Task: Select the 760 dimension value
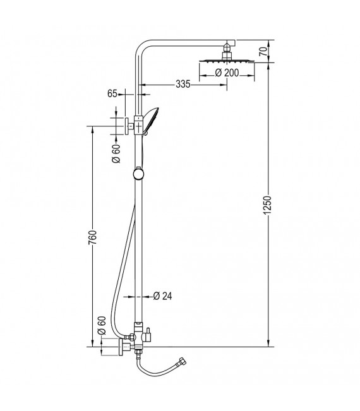click(x=93, y=237)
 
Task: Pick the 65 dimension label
click(x=113, y=93)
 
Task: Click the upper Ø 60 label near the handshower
click(x=116, y=153)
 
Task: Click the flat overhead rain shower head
click(x=225, y=62)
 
